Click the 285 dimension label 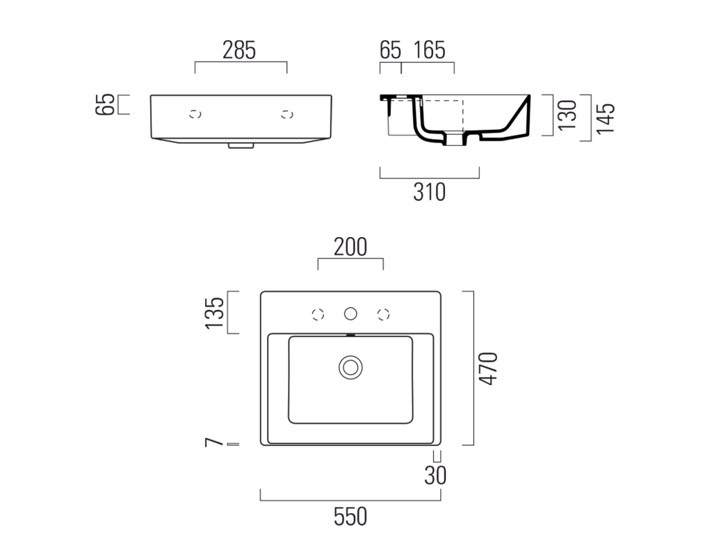click(239, 50)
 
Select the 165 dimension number click(429, 50)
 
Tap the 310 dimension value click(429, 192)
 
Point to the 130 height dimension click(567, 115)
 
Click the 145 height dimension click(606, 118)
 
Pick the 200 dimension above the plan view click(350, 247)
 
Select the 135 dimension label click(215, 313)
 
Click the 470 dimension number click(489, 369)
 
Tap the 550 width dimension click(350, 517)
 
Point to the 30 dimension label click(435, 476)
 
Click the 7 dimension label click(214, 442)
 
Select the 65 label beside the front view click(105, 104)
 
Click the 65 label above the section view click(391, 50)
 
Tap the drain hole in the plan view click(350, 367)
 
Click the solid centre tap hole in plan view click(350, 314)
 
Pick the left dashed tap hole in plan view click(318, 314)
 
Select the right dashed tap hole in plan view click(384, 314)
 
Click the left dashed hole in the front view click(195, 115)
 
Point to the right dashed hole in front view click(287, 115)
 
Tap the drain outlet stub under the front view click(241, 146)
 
